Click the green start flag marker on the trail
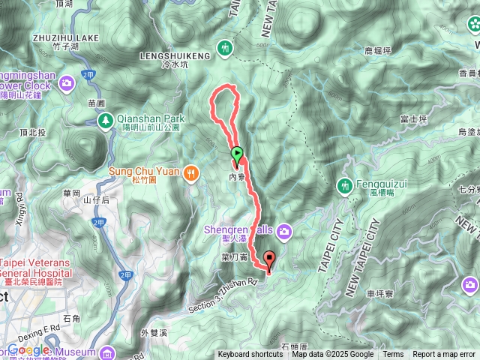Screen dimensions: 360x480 click(x=237, y=155)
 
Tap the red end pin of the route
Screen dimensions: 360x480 click(x=269, y=259)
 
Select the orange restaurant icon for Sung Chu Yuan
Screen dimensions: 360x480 click(x=191, y=171)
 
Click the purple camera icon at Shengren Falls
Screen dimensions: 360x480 click(x=284, y=209)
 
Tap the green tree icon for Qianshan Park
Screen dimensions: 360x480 click(x=106, y=119)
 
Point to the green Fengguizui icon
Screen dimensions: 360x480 click(x=345, y=184)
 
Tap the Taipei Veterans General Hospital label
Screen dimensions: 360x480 click(x=36, y=268)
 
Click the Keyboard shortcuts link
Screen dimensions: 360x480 click(x=250, y=355)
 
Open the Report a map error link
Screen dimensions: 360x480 click(x=443, y=355)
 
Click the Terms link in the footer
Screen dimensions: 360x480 click(x=393, y=355)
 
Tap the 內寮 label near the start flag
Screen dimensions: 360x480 click(x=237, y=177)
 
